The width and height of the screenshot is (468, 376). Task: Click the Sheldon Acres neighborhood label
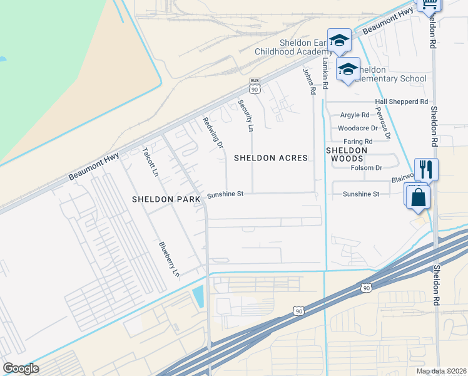point(271,159)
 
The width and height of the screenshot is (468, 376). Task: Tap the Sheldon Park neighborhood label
point(166,199)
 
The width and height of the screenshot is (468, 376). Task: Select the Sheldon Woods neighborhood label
point(347,155)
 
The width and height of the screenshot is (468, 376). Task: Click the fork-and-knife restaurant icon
point(426,169)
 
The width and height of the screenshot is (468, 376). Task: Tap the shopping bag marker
point(417,197)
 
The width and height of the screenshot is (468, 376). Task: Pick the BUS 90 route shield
point(255,85)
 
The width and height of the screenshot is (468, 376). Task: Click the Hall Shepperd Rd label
point(401,102)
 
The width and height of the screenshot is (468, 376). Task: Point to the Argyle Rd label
point(355,115)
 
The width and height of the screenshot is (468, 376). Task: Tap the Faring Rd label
point(358,142)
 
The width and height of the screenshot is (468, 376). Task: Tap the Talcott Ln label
point(149,162)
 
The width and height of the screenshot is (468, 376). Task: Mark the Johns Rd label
point(308,81)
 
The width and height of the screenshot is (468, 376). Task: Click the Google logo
point(21,368)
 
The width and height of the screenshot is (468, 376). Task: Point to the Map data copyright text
point(441,371)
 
